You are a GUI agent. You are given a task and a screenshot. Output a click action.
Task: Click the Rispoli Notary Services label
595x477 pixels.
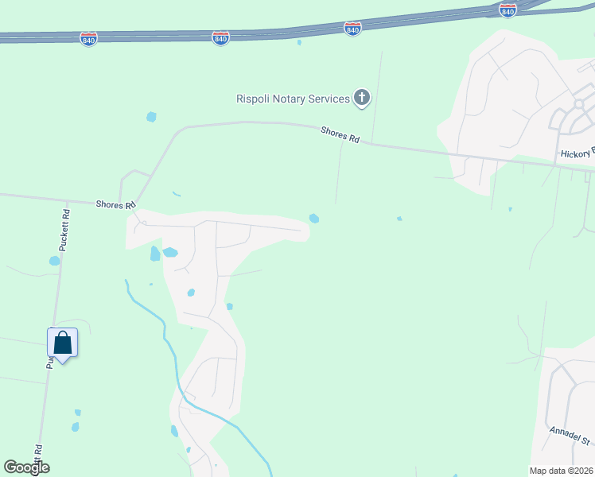(293, 99)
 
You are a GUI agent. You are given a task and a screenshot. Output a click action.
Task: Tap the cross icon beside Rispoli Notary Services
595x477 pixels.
(362, 99)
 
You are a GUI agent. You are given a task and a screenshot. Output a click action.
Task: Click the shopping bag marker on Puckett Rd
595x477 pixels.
(63, 343)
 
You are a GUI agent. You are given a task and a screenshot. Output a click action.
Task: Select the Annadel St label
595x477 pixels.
(570, 436)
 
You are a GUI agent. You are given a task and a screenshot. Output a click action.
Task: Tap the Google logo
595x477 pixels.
(26, 467)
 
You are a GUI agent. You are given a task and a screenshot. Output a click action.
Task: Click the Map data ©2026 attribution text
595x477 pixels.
(562, 471)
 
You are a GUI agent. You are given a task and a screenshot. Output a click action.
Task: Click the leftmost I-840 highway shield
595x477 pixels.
(88, 39)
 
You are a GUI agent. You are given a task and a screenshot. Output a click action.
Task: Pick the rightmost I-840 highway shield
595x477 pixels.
(507, 10)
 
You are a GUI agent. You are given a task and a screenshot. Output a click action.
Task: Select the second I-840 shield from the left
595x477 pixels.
(221, 37)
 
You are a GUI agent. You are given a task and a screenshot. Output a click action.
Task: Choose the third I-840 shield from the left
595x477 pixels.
(353, 29)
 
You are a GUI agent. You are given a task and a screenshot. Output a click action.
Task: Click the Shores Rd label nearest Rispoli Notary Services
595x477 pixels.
(340, 135)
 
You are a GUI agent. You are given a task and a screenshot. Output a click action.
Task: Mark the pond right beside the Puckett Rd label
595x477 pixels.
(54, 260)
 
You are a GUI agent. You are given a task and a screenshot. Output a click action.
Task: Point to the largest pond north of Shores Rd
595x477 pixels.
(151, 117)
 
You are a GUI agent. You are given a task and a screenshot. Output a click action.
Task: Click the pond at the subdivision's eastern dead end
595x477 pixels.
(314, 219)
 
